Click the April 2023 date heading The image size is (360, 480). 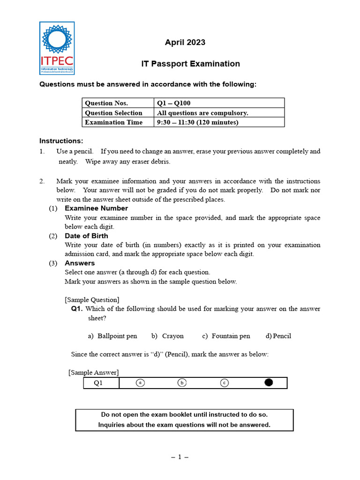(x=185, y=43)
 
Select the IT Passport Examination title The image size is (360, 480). (x=190, y=64)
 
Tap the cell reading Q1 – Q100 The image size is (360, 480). (x=173, y=103)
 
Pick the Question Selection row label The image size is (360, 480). (x=113, y=113)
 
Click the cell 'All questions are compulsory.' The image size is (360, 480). (x=202, y=113)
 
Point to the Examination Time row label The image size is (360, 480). (x=113, y=122)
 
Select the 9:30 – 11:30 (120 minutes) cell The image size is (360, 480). (x=197, y=122)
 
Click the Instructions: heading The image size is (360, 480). (x=61, y=141)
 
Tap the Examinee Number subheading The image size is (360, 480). (x=96, y=208)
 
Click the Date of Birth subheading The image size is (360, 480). (x=86, y=236)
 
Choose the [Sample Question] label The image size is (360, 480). (x=92, y=300)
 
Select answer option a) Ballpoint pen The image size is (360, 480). (x=112, y=336)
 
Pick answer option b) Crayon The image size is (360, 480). (x=167, y=336)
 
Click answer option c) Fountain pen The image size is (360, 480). (x=226, y=336)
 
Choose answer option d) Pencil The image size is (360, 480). (x=278, y=336)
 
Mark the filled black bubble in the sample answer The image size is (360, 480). (x=269, y=383)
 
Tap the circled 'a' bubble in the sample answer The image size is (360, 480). (x=140, y=383)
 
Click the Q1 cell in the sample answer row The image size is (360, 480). (x=98, y=383)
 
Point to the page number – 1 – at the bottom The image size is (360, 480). (x=180, y=457)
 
